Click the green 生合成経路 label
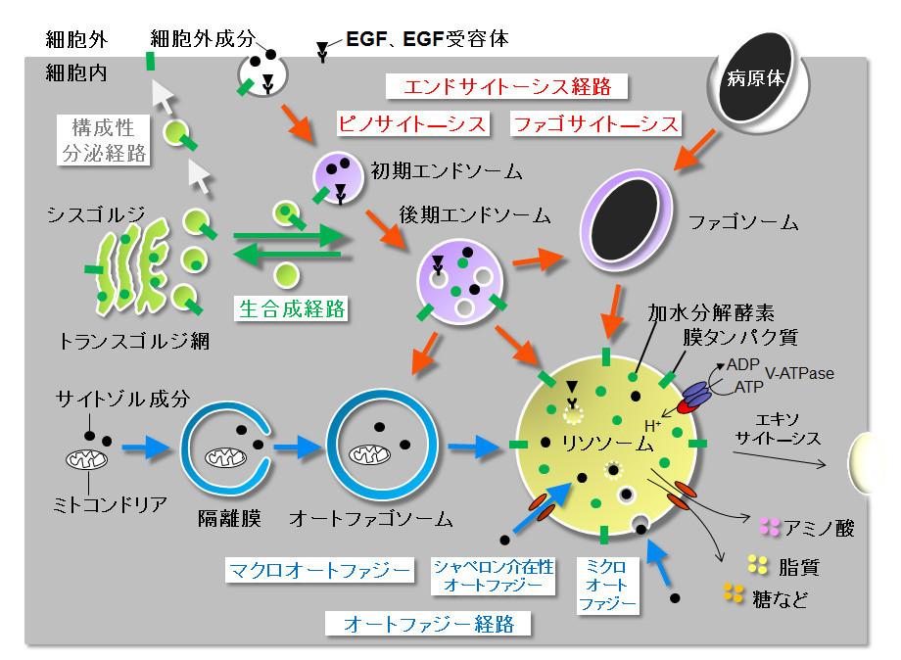pyautogui.click(x=292, y=308)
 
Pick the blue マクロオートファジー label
pyautogui.click(x=318, y=570)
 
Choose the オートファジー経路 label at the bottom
pyautogui.click(x=429, y=624)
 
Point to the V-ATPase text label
pyautogui.click(x=799, y=373)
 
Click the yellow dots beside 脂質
pyautogui.click(x=757, y=564)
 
